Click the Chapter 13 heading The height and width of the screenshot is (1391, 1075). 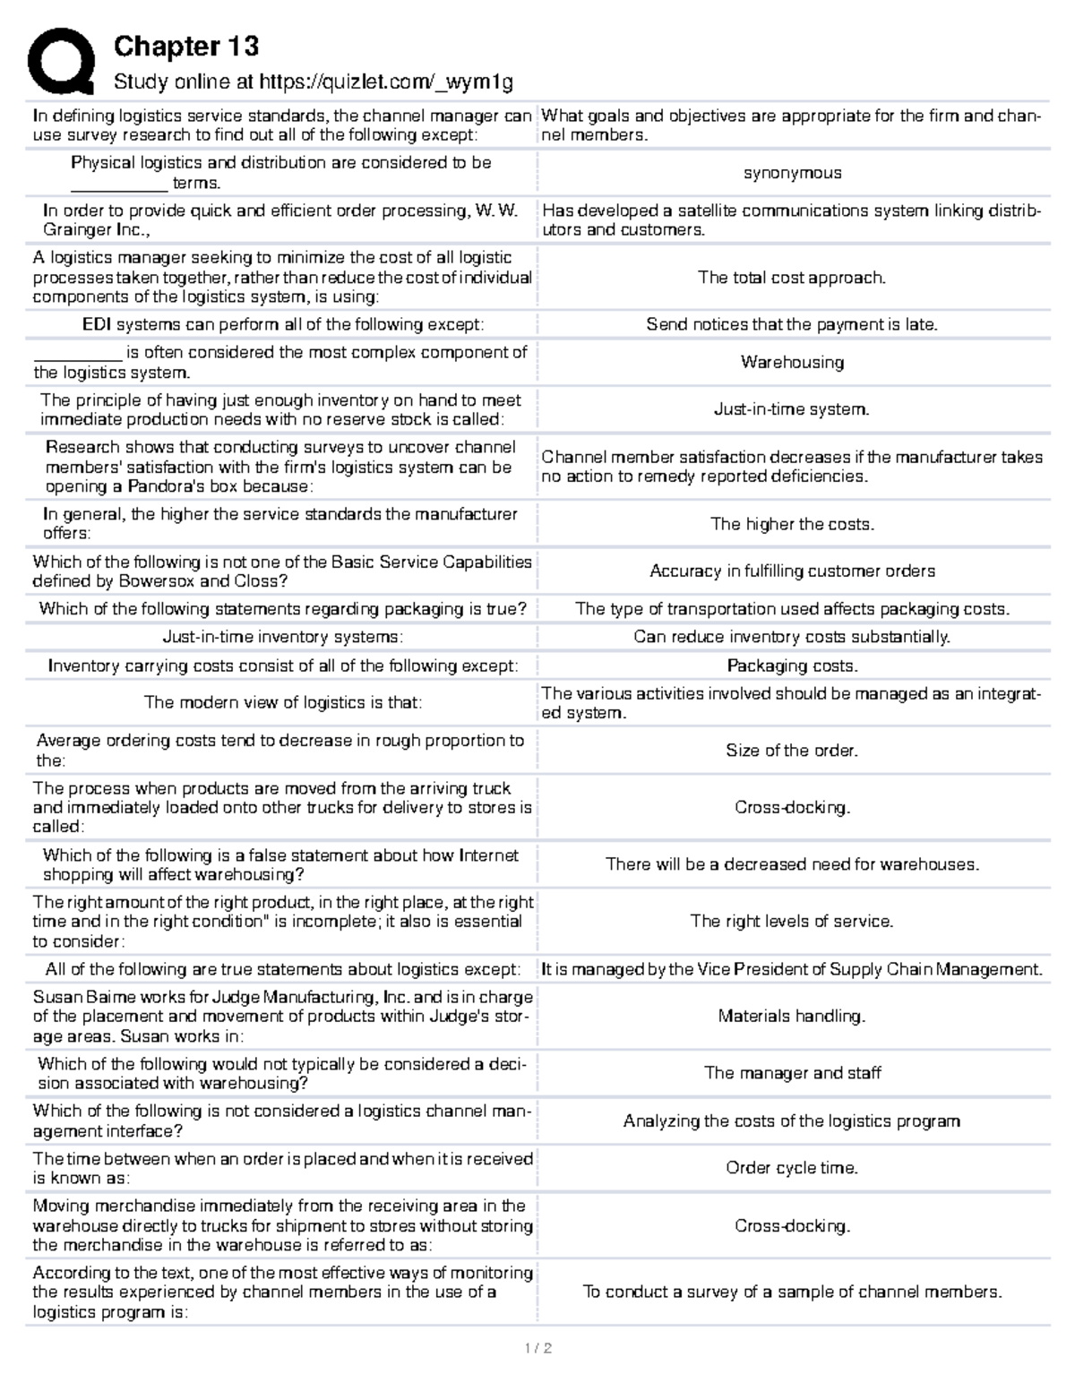tap(185, 46)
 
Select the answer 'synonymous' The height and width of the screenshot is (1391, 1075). tap(792, 173)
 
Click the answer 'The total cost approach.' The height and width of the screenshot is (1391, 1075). tap(792, 278)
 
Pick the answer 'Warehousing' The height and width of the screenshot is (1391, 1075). tap(792, 362)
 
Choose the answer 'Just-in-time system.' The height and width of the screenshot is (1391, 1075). tap(792, 409)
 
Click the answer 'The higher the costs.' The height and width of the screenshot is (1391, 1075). tap(792, 524)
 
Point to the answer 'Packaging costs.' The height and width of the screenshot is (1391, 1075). tap(792, 665)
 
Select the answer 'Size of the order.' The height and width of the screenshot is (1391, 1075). tap(792, 751)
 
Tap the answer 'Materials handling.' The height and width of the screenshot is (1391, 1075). tap(792, 1016)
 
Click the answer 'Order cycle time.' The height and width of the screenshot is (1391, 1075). tap(792, 1168)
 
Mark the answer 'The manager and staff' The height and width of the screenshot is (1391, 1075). tap(792, 1073)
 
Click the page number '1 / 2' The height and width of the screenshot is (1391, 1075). tap(537, 1348)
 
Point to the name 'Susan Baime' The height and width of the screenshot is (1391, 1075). tap(73, 997)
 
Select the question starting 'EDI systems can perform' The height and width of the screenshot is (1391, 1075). tap(282, 324)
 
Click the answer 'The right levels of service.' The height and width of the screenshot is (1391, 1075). tap(792, 921)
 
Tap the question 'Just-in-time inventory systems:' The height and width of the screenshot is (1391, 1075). tap(282, 637)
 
